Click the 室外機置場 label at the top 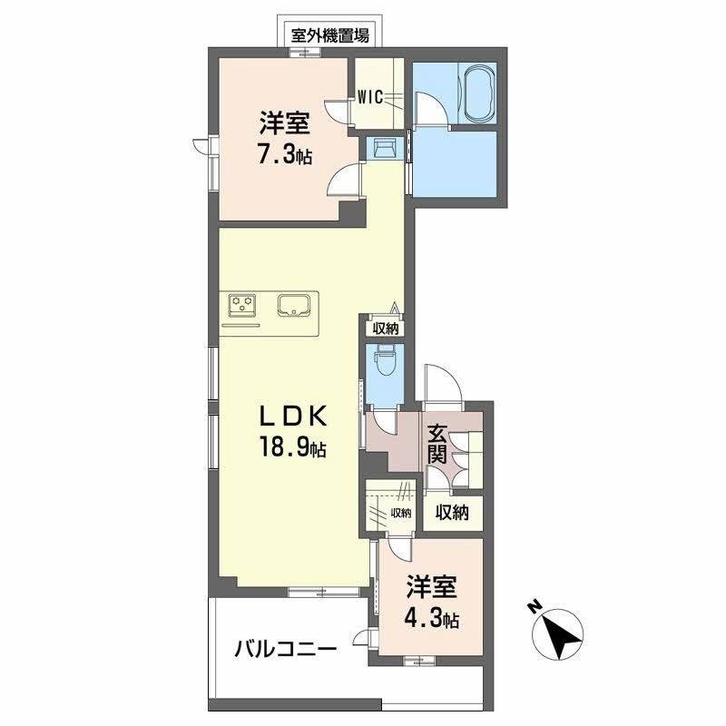click(329, 36)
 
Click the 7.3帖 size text click(284, 154)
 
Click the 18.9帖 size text click(290, 446)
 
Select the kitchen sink click(296, 305)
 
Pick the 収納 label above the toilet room click(385, 329)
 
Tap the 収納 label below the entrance click(451, 514)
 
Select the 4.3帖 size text click(431, 622)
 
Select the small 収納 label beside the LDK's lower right click(400, 514)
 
